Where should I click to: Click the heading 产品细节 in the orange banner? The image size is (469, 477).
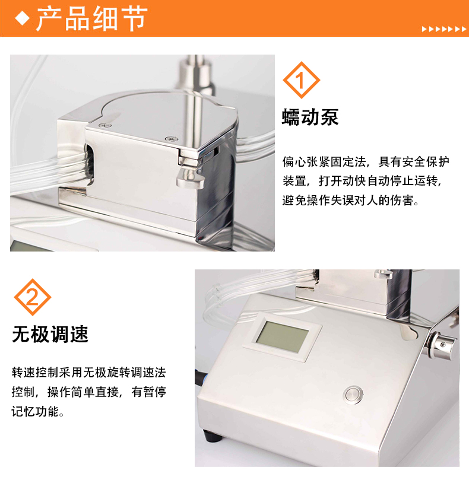click(92, 19)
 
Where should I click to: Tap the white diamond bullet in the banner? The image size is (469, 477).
click(22, 18)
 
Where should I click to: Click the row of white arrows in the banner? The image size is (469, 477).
click(443, 29)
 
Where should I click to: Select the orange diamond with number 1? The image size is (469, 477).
click(302, 80)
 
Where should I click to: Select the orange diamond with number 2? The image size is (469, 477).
click(33, 297)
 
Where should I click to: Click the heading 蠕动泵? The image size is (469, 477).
click(310, 117)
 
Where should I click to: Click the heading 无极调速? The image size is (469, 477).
click(50, 335)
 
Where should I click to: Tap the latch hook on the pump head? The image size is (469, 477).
click(189, 176)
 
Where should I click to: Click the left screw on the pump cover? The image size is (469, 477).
click(105, 125)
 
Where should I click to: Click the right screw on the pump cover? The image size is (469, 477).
click(172, 139)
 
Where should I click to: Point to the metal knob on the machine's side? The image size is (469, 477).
click(442, 345)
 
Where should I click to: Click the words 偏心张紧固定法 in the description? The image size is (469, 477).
click(324, 162)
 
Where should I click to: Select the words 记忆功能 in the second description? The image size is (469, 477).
click(35, 411)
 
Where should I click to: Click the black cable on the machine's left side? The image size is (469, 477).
click(198, 377)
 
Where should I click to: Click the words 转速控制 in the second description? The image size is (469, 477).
click(35, 373)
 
